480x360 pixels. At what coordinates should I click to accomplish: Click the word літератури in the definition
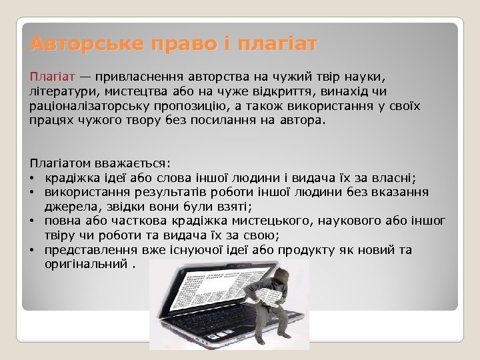[x=61, y=91]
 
